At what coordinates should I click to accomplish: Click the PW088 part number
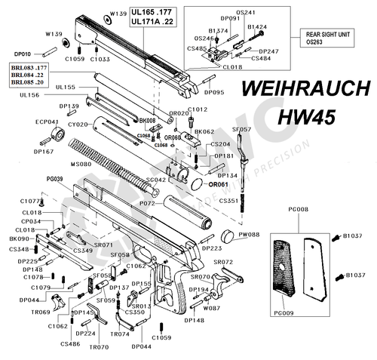tap(249, 235)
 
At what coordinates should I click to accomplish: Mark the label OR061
tap(218, 184)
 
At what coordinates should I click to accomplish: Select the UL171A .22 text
tap(152, 22)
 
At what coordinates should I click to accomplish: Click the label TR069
tap(41, 312)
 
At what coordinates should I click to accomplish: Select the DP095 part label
tap(214, 91)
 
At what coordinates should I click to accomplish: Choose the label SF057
tap(242, 129)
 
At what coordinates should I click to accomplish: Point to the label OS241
tap(246, 12)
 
